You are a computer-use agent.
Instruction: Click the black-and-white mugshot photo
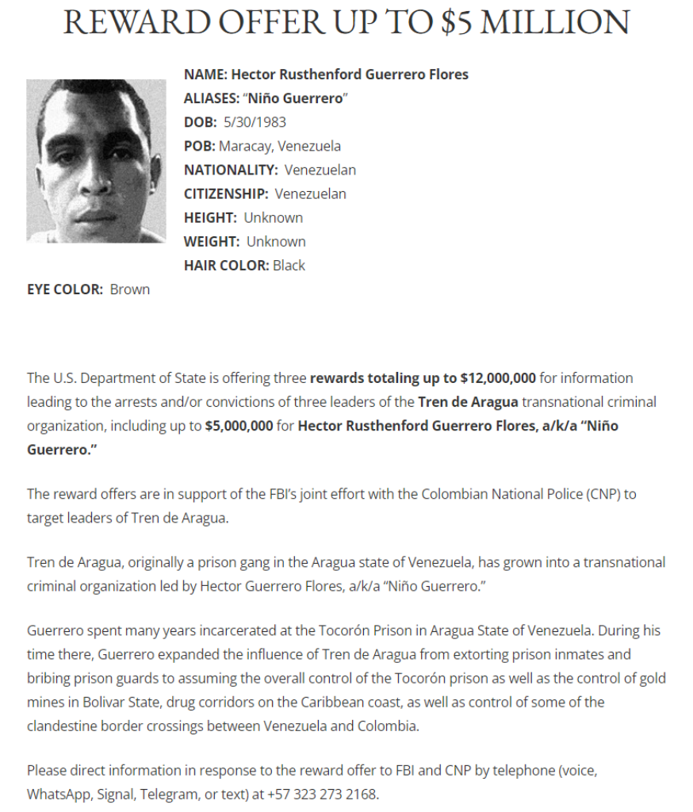coord(97,161)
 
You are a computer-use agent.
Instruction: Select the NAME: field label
coord(205,75)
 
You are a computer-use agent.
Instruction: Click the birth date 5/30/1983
coord(255,122)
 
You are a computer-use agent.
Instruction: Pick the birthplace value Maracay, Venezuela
coord(280,146)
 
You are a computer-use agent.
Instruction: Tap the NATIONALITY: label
coord(231,170)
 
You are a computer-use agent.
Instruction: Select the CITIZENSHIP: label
coord(226,193)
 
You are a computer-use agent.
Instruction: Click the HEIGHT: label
coord(210,217)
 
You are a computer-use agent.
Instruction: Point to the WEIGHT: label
coord(212,241)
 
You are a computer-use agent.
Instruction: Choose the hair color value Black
coord(289,265)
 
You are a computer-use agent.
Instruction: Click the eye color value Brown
coord(130,289)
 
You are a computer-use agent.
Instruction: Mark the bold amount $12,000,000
coord(498,377)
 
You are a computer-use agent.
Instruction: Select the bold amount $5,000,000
coord(239,425)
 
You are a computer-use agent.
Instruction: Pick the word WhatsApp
coord(57,794)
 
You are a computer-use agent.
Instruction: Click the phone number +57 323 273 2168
coord(322,794)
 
